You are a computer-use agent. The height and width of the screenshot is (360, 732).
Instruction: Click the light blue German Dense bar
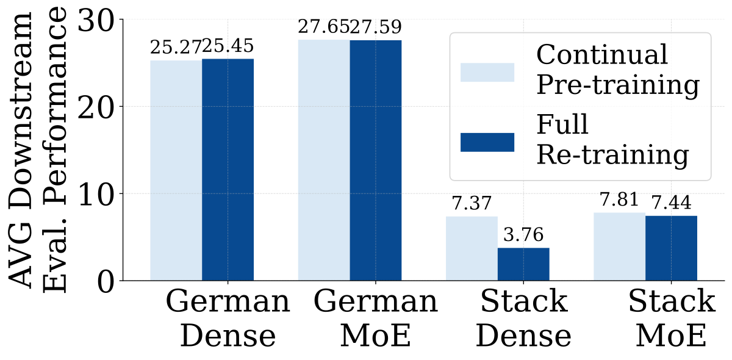176,170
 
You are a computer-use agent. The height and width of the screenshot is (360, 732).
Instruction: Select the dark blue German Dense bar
228,170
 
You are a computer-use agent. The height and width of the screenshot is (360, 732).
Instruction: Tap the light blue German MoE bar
324,160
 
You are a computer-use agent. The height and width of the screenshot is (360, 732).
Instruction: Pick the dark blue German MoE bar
376,160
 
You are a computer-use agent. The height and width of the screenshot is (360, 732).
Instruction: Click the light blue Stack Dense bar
472,248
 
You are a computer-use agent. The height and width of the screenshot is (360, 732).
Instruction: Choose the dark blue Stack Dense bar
523,264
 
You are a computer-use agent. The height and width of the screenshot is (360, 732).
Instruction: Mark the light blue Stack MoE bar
620,247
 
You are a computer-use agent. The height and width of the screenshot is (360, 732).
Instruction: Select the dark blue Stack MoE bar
671,248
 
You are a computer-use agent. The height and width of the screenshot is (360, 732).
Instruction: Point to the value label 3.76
523,235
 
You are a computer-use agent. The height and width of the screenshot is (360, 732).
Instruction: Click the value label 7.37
472,203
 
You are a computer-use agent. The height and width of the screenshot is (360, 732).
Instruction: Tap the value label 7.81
619,200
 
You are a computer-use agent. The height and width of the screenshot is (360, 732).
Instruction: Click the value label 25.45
228,46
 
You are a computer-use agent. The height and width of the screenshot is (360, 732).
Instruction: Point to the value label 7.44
672,203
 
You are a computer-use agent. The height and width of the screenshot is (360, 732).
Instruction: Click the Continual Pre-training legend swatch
487,72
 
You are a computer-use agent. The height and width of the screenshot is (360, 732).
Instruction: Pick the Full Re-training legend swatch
487,142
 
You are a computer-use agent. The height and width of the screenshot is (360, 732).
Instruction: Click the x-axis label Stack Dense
523,318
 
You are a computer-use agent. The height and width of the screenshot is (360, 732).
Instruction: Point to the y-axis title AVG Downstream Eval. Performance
38,150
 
